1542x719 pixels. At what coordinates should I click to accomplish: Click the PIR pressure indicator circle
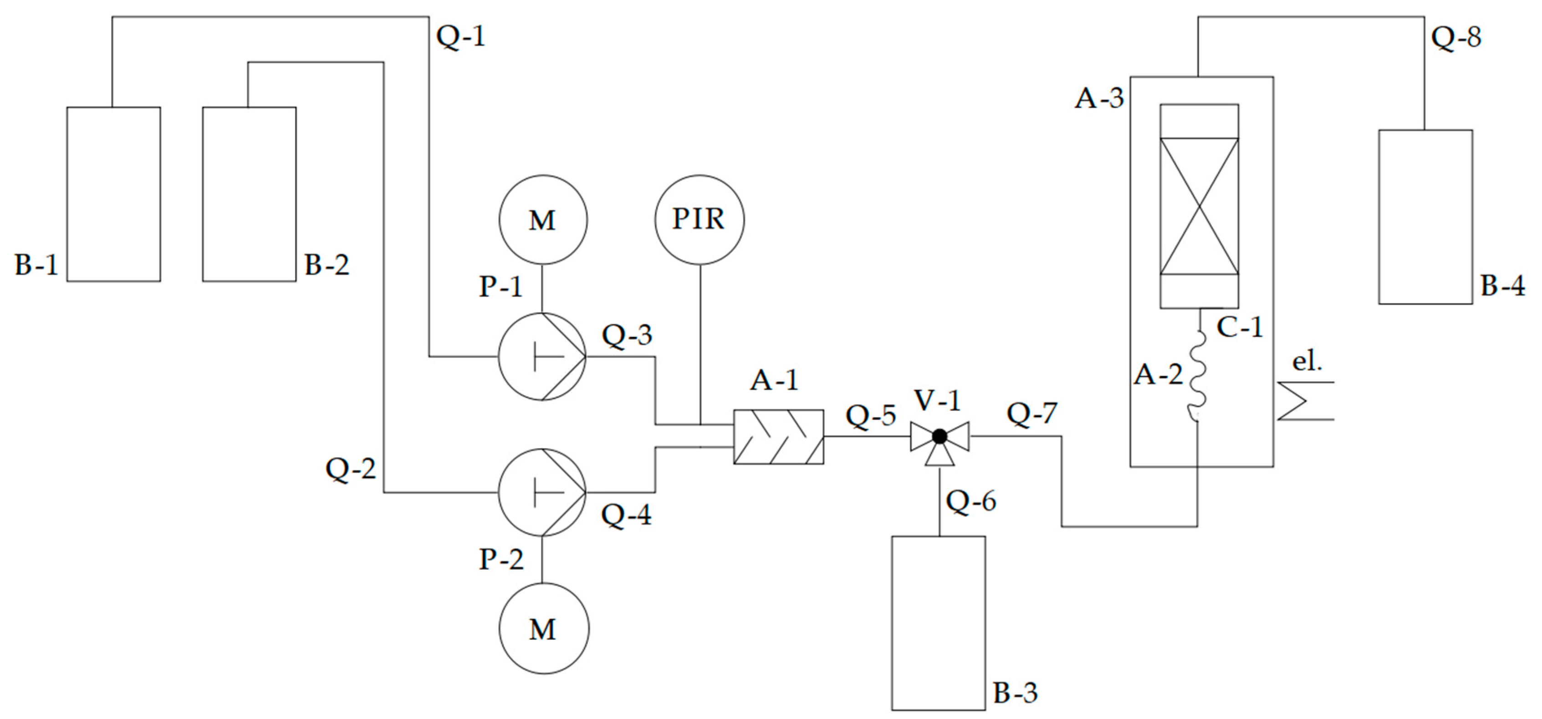tap(699, 220)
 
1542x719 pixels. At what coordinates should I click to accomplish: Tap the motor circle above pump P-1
tap(543, 220)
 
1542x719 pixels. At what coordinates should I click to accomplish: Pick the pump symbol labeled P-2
tap(542, 492)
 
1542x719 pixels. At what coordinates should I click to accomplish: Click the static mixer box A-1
tap(778, 436)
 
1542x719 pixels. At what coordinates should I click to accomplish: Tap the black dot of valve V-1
tap(939, 436)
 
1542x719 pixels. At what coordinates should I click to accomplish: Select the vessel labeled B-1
tap(113, 194)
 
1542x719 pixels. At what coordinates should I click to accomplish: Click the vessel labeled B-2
tap(249, 194)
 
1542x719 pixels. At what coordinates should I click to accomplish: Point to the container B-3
tap(938, 622)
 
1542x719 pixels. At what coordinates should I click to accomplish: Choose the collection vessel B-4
tap(1425, 217)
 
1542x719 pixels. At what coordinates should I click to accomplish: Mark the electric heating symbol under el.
tap(1305, 401)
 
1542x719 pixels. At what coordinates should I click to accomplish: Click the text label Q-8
tap(1456, 37)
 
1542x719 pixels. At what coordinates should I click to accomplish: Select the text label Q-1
tap(460, 36)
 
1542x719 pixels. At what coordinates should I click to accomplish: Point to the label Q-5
tap(870, 415)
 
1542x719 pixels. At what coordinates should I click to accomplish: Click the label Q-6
tap(970, 500)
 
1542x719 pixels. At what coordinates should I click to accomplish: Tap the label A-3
tap(1099, 97)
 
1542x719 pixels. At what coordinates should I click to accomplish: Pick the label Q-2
tap(351, 468)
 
